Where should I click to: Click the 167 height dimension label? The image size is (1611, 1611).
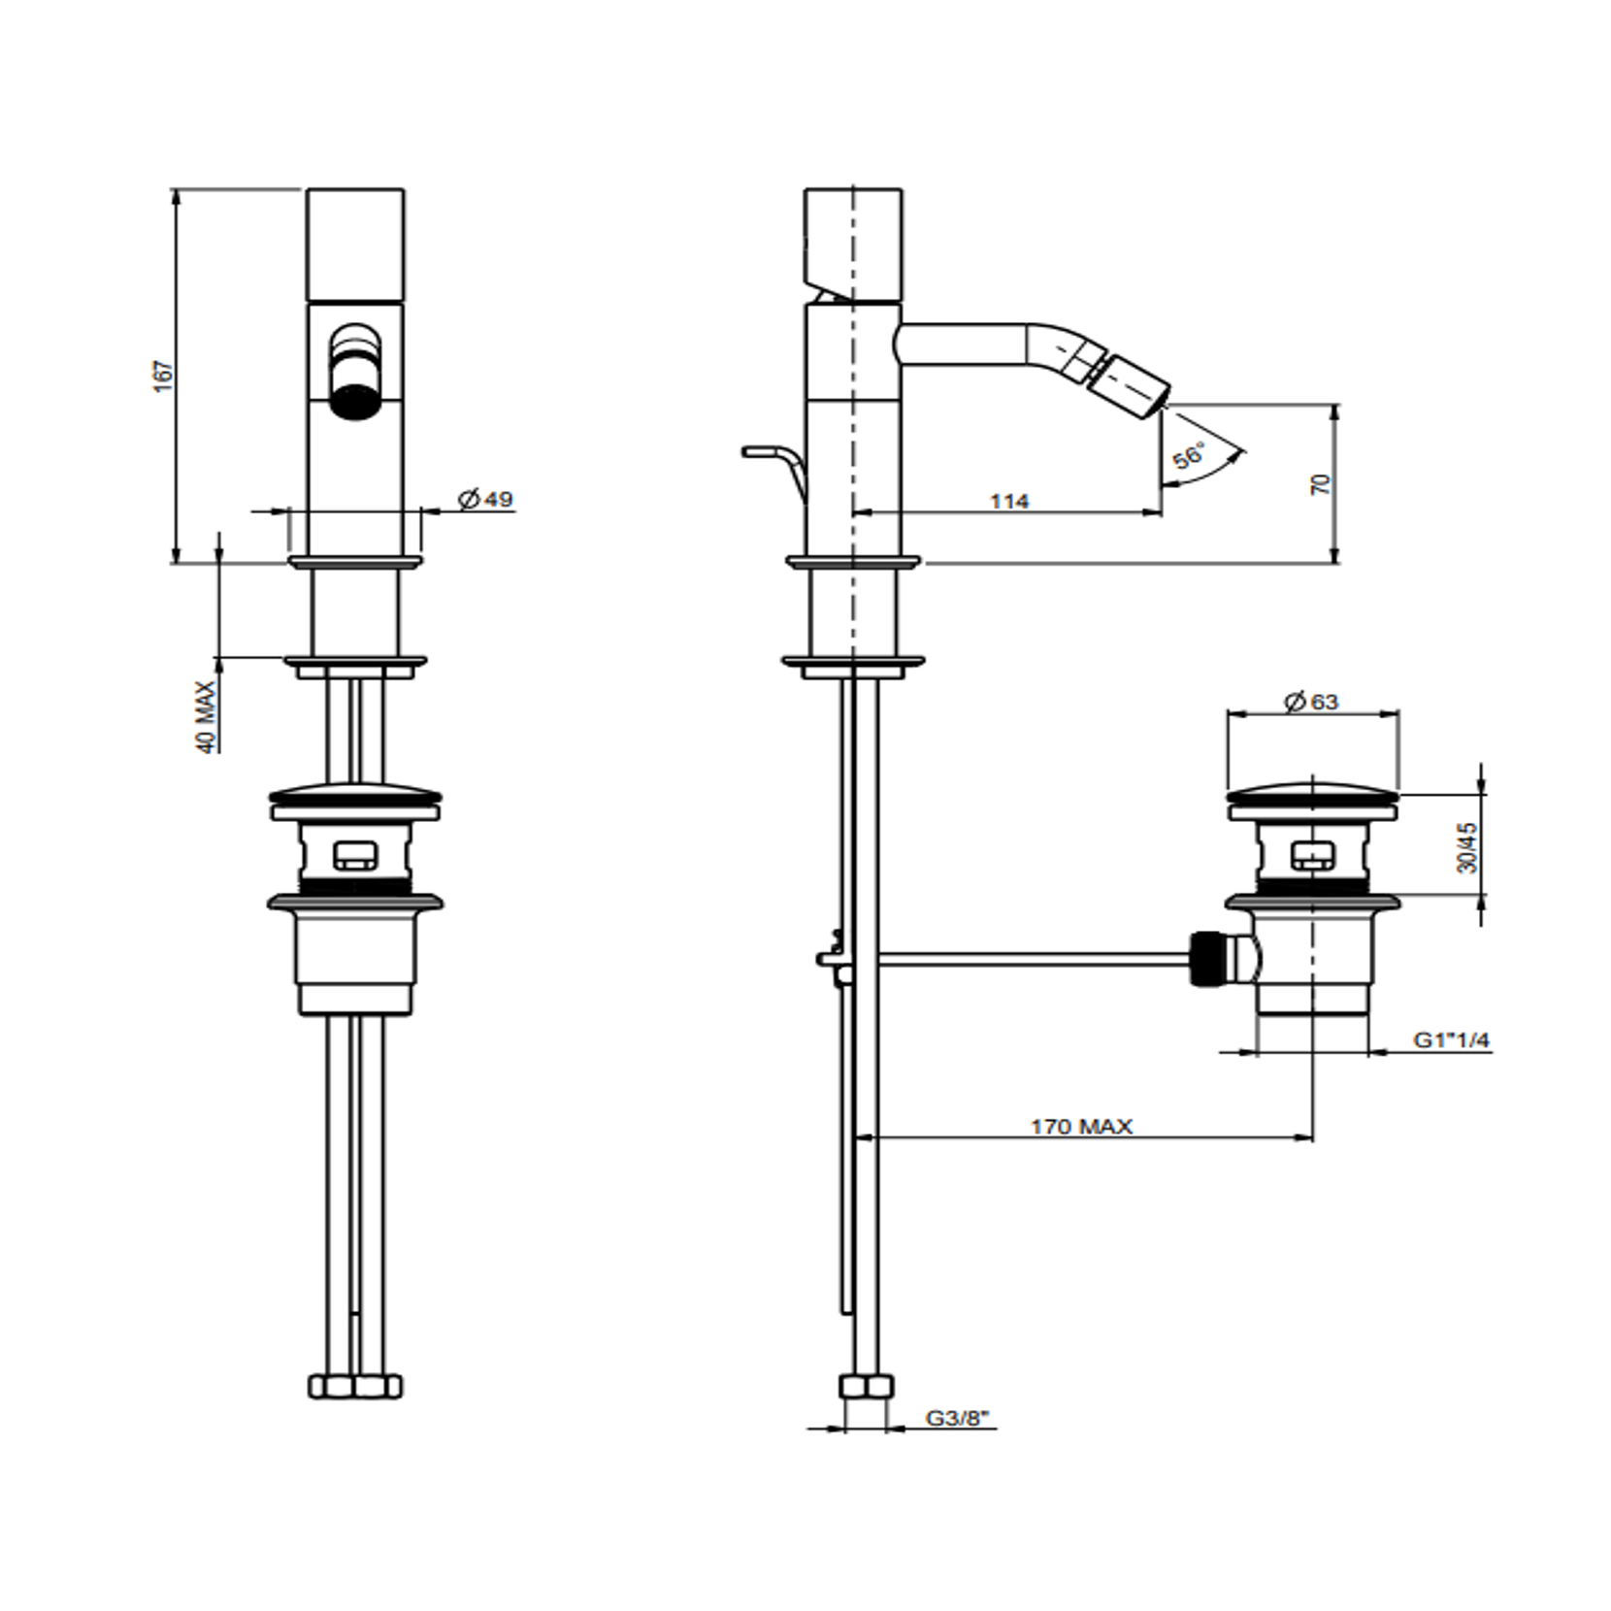[164, 376]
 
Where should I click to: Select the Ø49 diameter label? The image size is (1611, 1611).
[485, 499]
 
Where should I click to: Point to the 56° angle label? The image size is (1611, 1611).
[1189, 455]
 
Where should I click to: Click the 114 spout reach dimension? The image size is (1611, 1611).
[1009, 501]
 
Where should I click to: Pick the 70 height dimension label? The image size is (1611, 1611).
[1321, 484]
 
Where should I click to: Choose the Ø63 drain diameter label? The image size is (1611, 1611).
[1311, 701]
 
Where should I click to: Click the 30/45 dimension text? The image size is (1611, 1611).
[1467, 846]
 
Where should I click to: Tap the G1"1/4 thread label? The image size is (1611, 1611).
[1451, 1040]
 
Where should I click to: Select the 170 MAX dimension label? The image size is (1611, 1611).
[1081, 1127]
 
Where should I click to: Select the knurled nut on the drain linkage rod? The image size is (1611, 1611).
[1204, 960]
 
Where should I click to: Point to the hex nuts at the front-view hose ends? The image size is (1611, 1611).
[355, 1386]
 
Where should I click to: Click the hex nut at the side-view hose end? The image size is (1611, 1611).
[866, 1386]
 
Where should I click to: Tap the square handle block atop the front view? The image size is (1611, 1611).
[355, 245]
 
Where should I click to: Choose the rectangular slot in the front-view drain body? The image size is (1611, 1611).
[355, 855]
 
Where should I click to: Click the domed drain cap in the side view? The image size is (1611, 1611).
[1313, 789]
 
